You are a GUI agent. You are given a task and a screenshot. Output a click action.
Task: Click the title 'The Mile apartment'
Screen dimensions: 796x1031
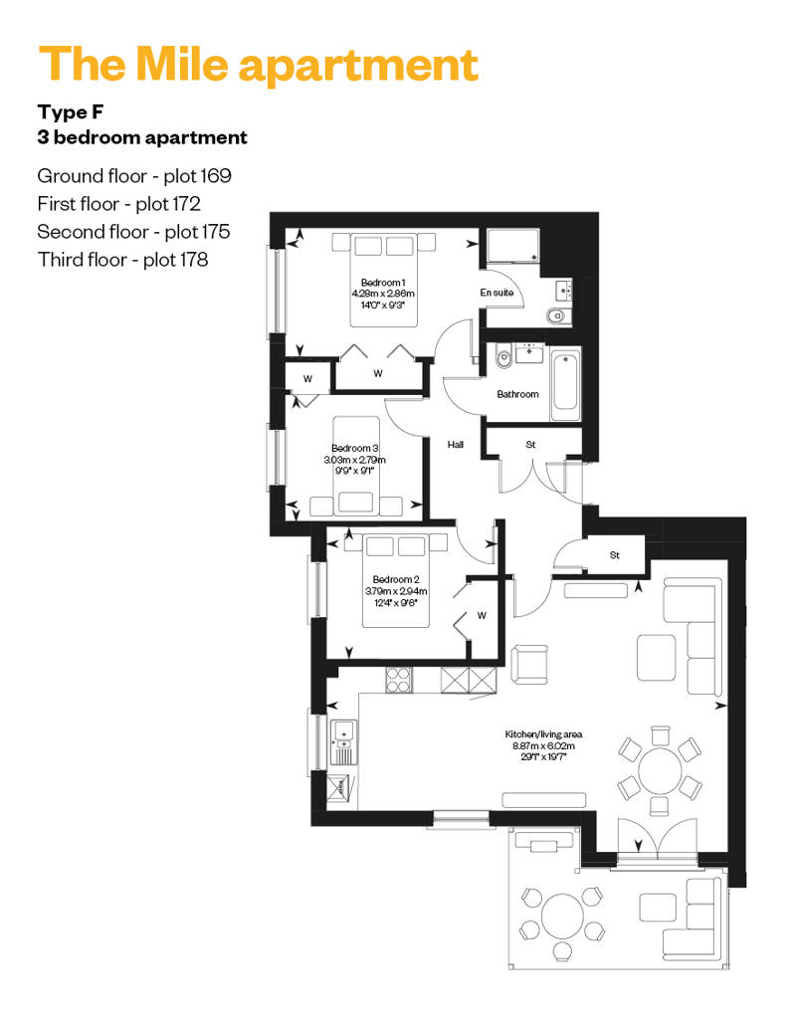pyautogui.click(x=259, y=65)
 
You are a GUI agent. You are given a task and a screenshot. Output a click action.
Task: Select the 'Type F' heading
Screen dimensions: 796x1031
pyautogui.click(x=71, y=112)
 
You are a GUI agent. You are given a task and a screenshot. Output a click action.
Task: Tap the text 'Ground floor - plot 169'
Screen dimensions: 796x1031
pyautogui.click(x=134, y=175)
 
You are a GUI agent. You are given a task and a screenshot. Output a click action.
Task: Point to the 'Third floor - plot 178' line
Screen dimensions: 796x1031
pyautogui.click(x=122, y=260)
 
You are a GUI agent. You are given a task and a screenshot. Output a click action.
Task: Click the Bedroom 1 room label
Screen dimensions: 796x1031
pyautogui.click(x=383, y=283)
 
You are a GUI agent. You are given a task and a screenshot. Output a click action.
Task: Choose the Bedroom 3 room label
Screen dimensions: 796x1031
pyautogui.click(x=355, y=449)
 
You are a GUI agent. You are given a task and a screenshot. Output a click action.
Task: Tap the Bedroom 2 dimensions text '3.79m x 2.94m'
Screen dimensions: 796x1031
pyautogui.click(x=396, y=591)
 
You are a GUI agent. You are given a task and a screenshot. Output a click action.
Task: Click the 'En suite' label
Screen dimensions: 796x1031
pyautogui.click(x=497, y=293)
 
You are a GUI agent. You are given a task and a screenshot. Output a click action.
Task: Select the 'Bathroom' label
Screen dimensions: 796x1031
pyautogui.click(x=518, y=394)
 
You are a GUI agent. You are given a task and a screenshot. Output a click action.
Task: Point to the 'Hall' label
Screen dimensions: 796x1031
pyautogui.click(x=456, y=445)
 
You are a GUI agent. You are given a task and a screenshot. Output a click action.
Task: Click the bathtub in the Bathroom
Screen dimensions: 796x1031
pyautogui.click(x=565, y=385)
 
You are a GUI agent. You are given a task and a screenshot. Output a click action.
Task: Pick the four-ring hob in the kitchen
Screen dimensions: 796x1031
pyautogui.click(x=399, y=680)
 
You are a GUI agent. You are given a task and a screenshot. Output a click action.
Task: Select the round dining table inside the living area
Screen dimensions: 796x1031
pyautogui.click(x=660, y=769)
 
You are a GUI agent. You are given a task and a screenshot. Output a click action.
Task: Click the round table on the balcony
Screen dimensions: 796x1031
pyautogui.click(x=562, y=916)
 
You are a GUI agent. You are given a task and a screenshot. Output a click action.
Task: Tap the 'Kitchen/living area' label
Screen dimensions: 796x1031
pyautogui.click(x=543, y=734)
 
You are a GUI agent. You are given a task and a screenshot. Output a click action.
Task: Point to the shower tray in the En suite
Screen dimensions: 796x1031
pyautogui.click(x=512, y=245)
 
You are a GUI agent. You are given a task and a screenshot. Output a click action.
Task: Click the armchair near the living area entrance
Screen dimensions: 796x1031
pyautogui.click(x=529, y=664)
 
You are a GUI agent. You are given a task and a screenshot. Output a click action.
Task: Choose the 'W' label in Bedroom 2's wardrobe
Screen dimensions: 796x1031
pyautogui.click(x=482, y=616)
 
